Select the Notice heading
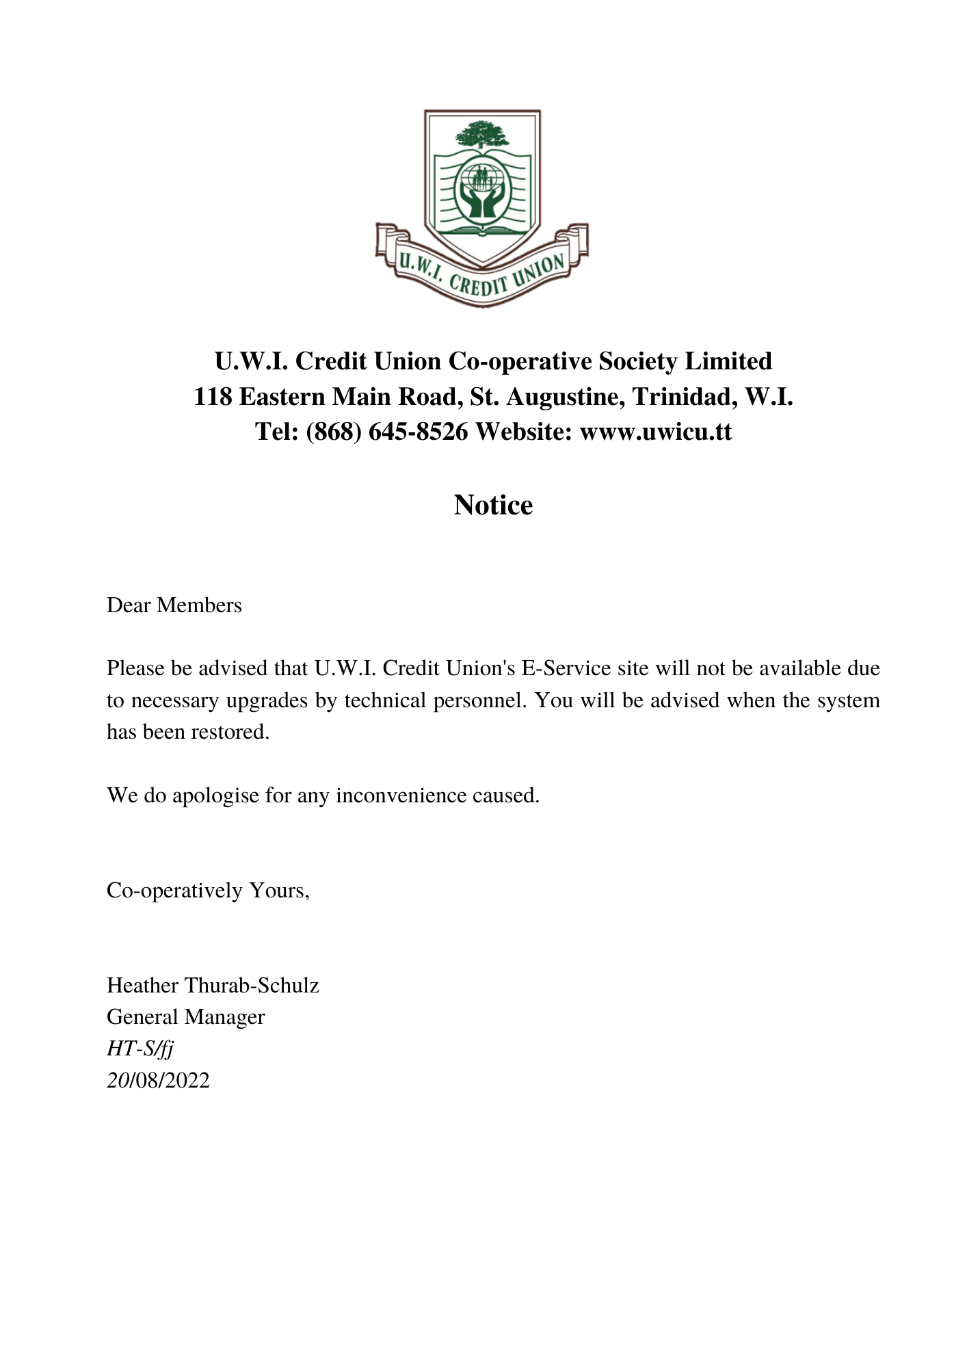coord(493,505)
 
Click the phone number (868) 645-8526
coord(387,432)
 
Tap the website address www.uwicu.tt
coord(655,432)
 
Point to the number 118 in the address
coord(213,396)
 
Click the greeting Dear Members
coord(174,605)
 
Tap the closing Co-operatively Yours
coord(208,890)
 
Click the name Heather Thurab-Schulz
coord(213,985)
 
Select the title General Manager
coord(185,1016)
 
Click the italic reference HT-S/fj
coord(140,1048)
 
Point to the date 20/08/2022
coord(158,1079)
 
